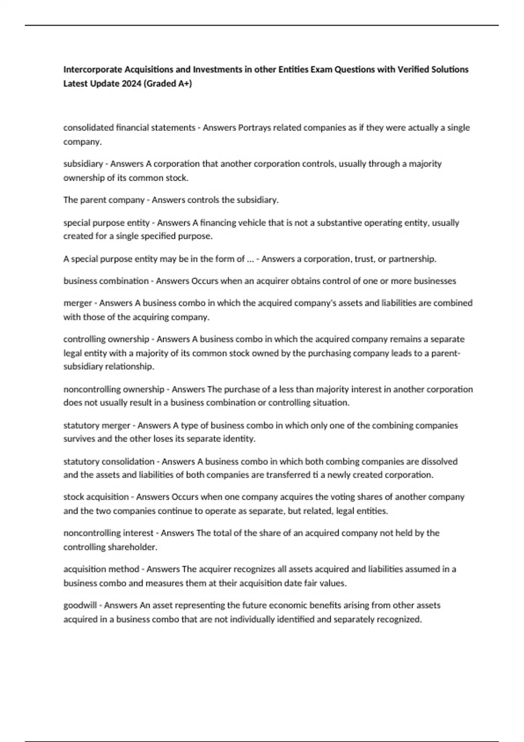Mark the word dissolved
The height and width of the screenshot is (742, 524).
coord(439,461)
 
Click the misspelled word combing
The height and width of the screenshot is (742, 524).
coord(341,461)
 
